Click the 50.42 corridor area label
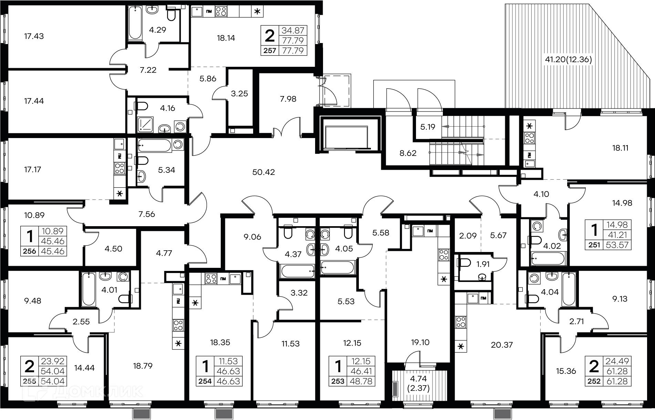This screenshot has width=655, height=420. click(263, 172)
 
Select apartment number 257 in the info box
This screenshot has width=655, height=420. click(270, 51)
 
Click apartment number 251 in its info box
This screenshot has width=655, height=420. click(595, 245)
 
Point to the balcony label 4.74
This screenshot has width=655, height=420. click(419, 379)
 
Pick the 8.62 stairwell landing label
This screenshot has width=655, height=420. click(408, 153)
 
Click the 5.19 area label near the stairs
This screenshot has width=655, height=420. click(428, 127)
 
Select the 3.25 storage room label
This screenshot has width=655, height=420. click(239, 94)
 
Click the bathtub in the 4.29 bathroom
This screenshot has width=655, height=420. click(135, 23)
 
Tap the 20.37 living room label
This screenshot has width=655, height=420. click(502, 345)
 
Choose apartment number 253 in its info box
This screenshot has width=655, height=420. click(338, 381)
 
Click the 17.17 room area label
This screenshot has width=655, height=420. click(32, 169)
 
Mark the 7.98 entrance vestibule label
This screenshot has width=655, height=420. click(288, 99)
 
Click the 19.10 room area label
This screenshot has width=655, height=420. click(420, 343)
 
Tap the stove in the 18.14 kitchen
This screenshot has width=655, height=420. click(221, 12)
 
